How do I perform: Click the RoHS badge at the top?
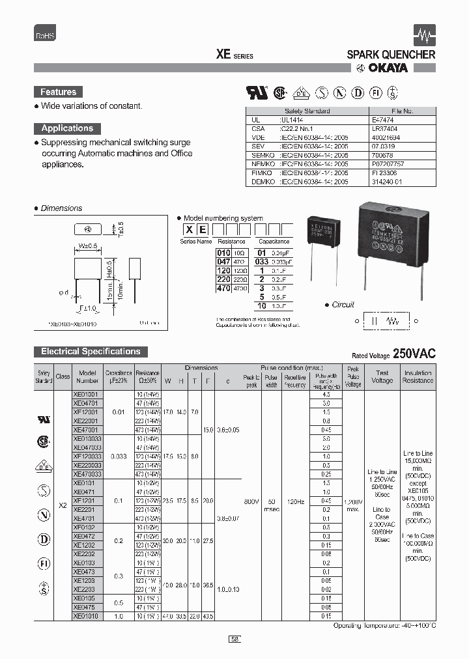(x=45, y=37)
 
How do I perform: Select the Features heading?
(x=58, y=92)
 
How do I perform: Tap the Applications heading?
(x=67, y=128)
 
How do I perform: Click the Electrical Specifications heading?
(x=91, y=352)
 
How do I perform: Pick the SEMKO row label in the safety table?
(x=262, y=156)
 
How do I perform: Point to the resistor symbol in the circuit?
(x=393, y=321)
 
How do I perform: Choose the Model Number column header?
(x=87, y=377)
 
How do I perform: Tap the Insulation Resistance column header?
(x=418, y=377)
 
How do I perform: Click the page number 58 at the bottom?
(x=234, y=639)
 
